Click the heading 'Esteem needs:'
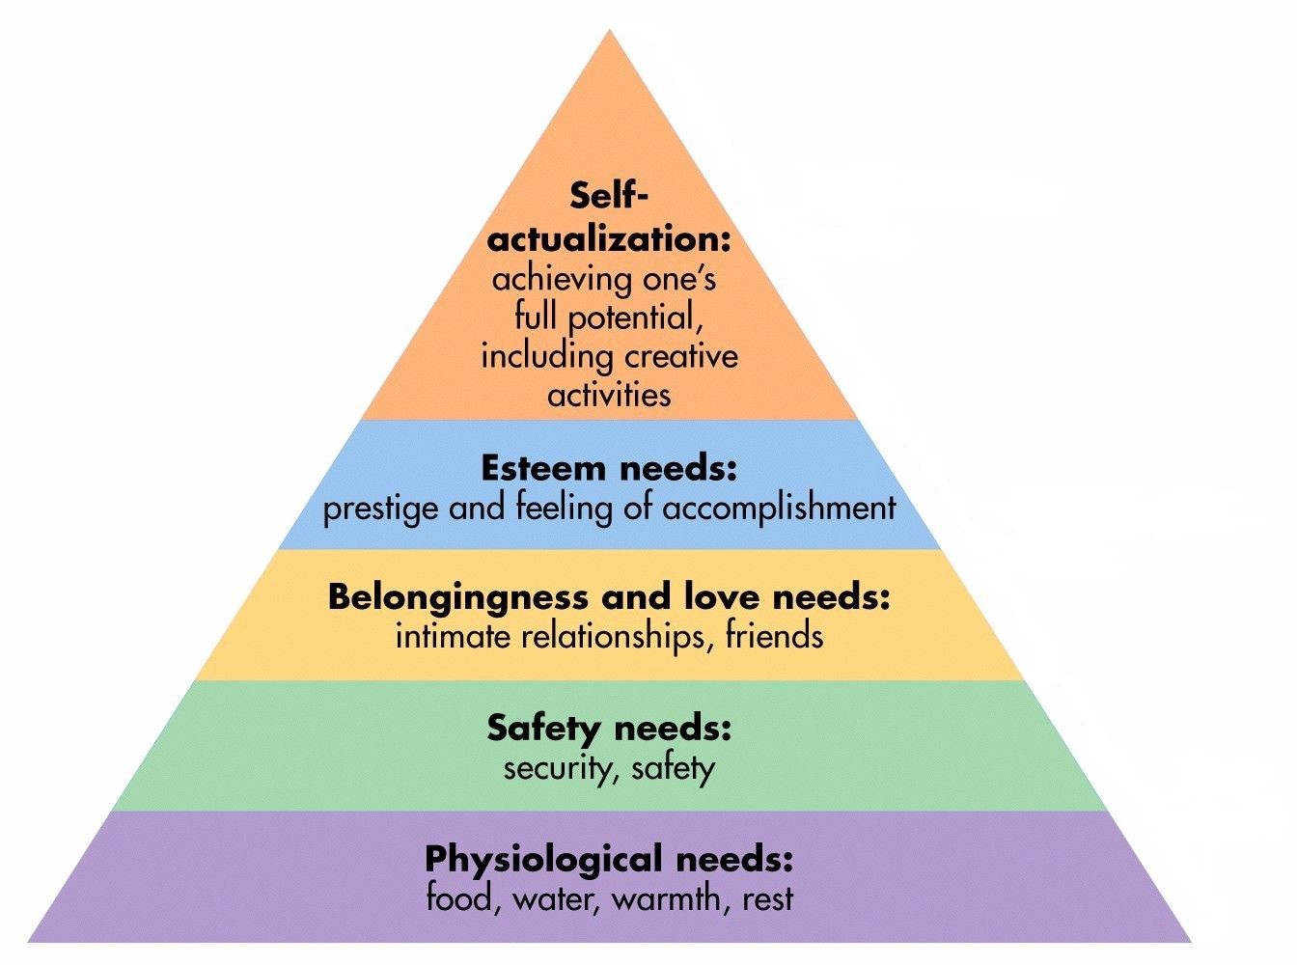tap(609, 469)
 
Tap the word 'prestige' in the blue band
tap(380, 509)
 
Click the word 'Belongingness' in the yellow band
tap(458, 597)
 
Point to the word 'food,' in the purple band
tap(463, 899)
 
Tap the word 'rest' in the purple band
tap(768, 899)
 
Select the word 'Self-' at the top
tap(608, 196)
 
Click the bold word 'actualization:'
tap(608, 238)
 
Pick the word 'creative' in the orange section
tap(680, 356)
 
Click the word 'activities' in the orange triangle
tap(609, 395)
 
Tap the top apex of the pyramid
tap(609, 33)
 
